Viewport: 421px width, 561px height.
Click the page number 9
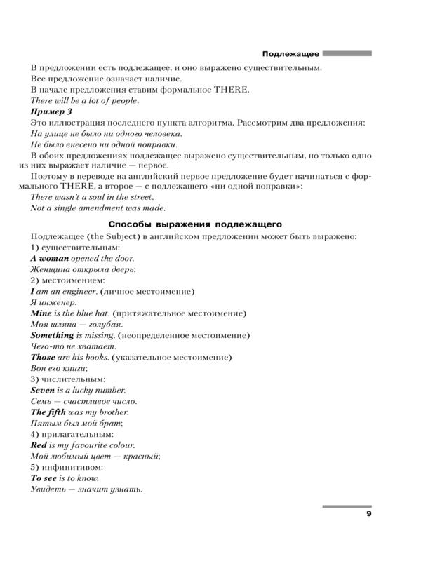(x=368, y=515)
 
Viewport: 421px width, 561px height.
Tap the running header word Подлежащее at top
(x=290, y=53)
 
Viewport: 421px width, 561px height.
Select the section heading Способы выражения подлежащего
(x=201, y=224)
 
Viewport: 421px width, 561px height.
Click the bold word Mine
(x=43, y=313)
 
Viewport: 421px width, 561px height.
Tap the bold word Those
(x=44, y=358)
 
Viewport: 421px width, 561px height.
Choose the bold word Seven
(x=44, y=391)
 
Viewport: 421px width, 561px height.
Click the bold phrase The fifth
(x=50, y=412)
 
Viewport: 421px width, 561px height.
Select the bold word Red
(x=39, y=445)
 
